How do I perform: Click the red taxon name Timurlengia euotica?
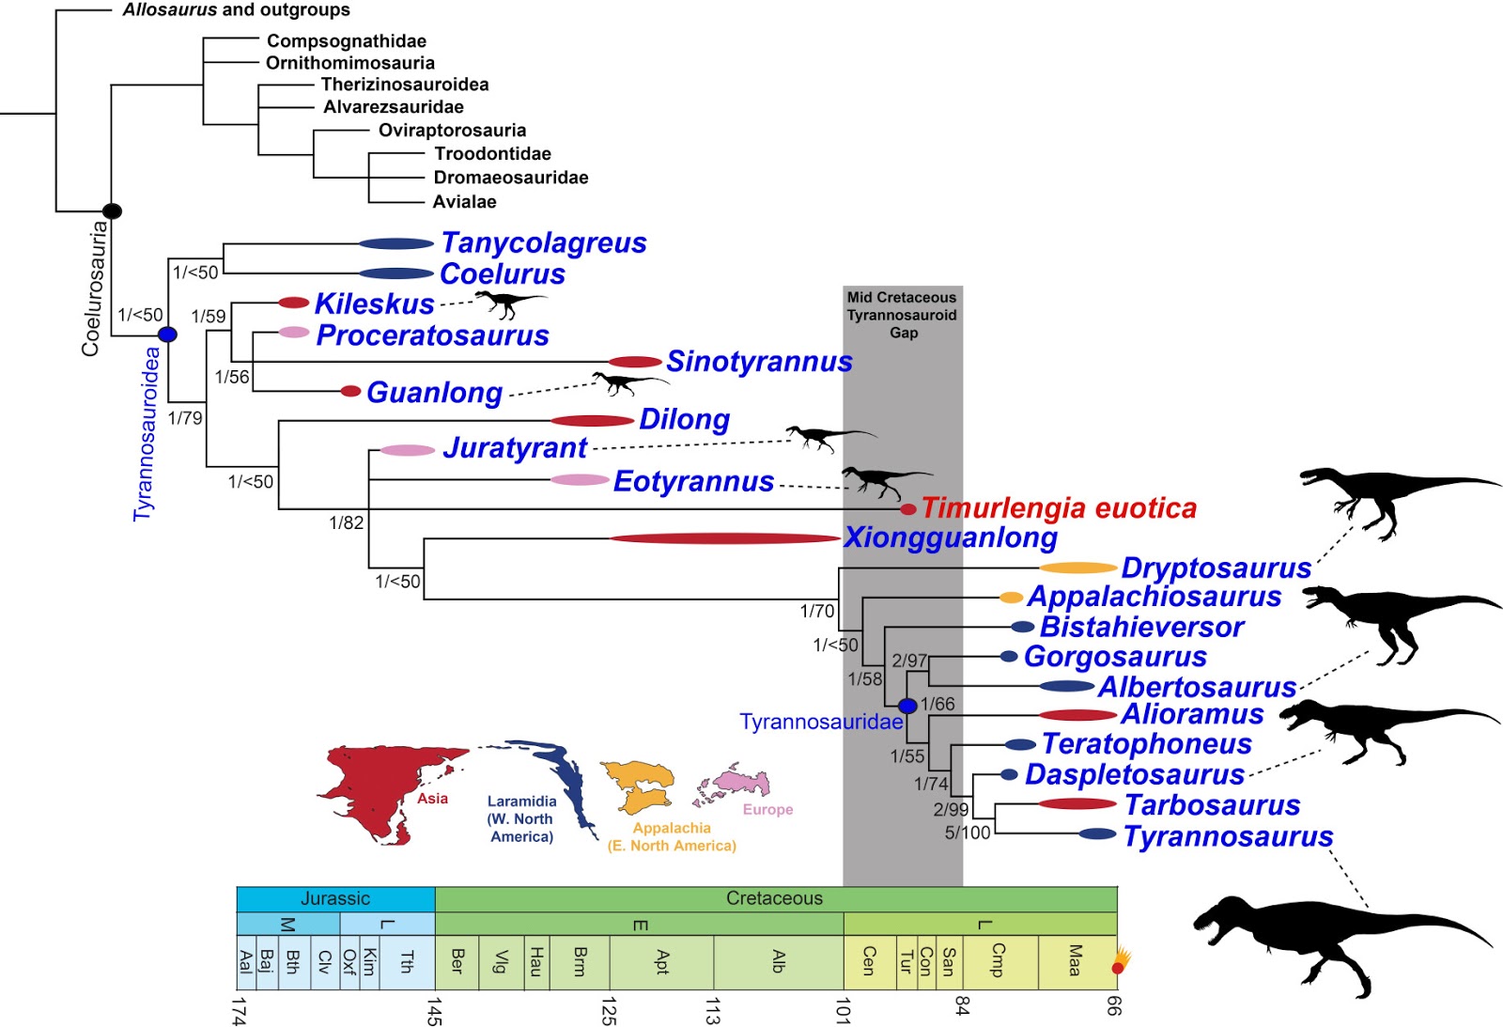(x=1059, y=508)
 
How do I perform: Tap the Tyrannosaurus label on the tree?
(x=1228, y=836)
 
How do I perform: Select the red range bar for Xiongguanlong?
(x=723, y=538)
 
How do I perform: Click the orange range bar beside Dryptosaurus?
(x=1078, y=568)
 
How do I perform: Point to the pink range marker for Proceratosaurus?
(x=294, y=333)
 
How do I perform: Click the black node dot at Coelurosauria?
(x=112, y=210)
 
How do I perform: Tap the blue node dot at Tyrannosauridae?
(x=906, y=706)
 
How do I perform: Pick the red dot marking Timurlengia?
(x=908, y=509)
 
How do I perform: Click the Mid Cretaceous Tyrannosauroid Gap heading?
(x=902, y=315)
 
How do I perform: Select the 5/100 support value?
(x=968, y=832)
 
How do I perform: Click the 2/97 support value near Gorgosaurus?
(x=909, y=661)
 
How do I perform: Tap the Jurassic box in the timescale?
(x=335, y=899)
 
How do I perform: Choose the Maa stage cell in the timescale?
(x=1076, y=961)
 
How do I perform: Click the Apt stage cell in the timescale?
(x=661, y=961)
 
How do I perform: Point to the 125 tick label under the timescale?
(x=609, y=1011)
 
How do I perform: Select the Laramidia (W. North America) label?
(x=521, y=818)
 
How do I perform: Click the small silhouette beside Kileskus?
(x=508, y=302)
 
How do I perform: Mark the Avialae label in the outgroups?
(x=464, y=202)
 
